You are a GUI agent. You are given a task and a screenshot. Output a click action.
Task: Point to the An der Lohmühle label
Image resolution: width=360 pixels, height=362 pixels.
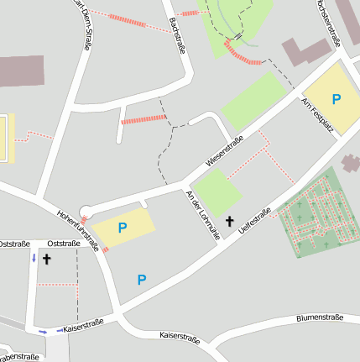click(x=202, y=215)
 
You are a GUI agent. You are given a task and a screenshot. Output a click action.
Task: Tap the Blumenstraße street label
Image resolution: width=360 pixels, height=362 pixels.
click(x=320, y=318)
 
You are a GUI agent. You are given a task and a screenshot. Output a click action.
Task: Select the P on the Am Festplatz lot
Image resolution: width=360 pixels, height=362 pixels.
click(x=337, y=99)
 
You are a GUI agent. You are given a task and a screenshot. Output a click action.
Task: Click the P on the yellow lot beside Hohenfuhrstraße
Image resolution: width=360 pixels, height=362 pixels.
click(x=123, y=227)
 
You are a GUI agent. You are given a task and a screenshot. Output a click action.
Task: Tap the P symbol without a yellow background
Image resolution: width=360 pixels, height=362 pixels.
click(x=142, y=280)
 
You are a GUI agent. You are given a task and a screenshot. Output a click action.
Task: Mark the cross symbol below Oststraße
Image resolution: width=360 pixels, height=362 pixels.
click(x=47, y=260)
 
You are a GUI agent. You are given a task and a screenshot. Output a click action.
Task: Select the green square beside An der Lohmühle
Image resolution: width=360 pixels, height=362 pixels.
click(x=217, y=191)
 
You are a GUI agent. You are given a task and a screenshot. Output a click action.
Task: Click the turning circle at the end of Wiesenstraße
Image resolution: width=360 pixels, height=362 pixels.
click(x=86, y=212)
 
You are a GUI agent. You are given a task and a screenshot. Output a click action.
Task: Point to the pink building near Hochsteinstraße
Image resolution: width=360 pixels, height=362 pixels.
click(x=306, y=52)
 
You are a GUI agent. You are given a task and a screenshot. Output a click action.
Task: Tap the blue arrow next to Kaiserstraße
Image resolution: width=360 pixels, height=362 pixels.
click(x=43, y=331)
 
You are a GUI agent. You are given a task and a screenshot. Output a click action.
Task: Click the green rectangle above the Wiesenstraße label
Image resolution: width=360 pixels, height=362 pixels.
click(x=253, y=102)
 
